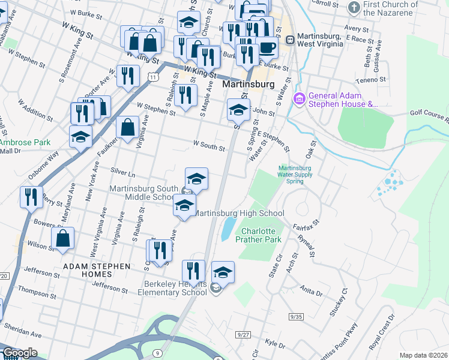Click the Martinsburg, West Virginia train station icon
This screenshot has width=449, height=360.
click(x=291, y=40)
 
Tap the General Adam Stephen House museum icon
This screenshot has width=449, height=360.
click(x=298, y=98)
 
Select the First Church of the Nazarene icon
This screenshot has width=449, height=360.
click(x=354, y=7)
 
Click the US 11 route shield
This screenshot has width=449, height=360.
click(x=154, y=77)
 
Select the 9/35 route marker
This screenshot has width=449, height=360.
click(x=296, y=316)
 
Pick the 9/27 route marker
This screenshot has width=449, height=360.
click(x=243, y=334)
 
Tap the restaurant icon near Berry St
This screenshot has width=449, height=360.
click(x=31, y=196)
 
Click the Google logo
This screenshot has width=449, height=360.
click(x=20, y=353)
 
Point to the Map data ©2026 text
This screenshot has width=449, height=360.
click(x=423, y=355)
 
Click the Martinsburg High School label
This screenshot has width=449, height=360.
click(x=240, y=213)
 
